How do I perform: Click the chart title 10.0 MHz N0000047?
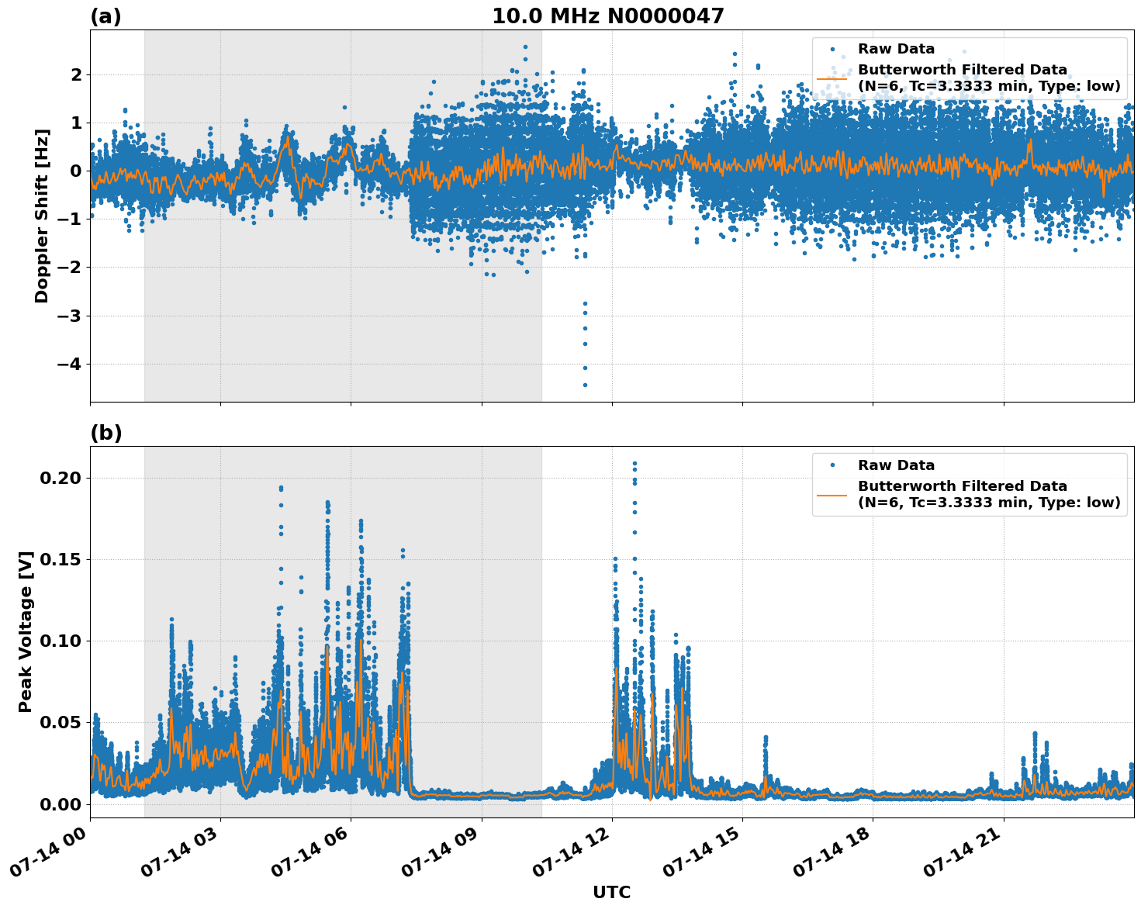[x=607, y=16]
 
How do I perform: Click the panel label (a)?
[x=105, y=16]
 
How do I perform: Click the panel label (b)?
[x=105, y=433]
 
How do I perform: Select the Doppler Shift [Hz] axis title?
[x=42, y=216]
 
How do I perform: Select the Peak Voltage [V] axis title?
[x=26, y=631]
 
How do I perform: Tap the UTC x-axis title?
[x=611, y=892]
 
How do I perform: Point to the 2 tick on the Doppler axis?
[x=76, y=74]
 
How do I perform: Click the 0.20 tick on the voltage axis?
[x=60, y=478]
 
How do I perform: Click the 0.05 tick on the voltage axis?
[x=60, y=722]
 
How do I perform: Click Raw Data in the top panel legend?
[x=896, y=49]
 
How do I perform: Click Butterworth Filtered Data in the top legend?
[x=962, y=70]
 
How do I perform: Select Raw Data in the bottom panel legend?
[x=896, y=465]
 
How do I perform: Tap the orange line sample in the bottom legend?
[x=832, y=494]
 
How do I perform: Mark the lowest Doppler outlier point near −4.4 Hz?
[x=585, y=385]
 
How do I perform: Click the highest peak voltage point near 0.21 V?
[x=634, y=464]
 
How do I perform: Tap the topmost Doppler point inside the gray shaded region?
[x=525, y=47]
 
